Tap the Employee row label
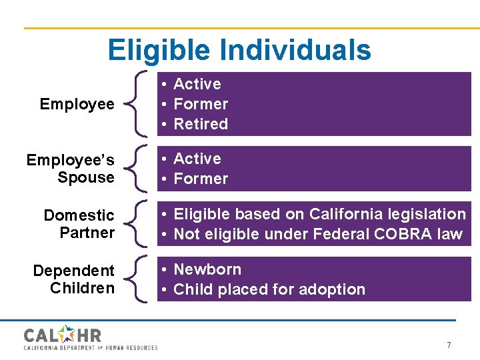click(x=77, y=104)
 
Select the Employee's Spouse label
click(x=70, y=169)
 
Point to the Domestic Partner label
click(x=79, y=224)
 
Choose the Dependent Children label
click(x=73, y=279)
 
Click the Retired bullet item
click(x=201, y=124)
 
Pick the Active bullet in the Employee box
click(x=197, y=84)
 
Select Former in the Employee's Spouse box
click(x=201, y=179)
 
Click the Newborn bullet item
click(x=207, y=269)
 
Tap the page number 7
click(x=449, y=345)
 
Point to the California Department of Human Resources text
click(x=91, y=347)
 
